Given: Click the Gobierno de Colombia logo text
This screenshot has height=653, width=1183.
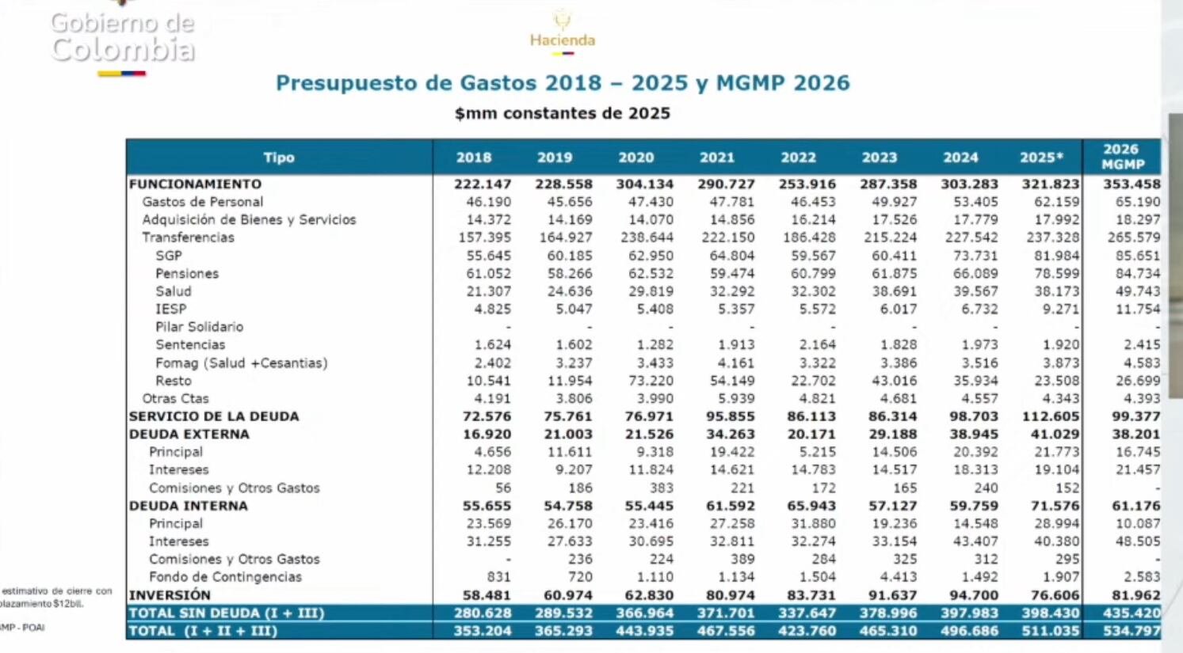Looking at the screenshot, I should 122,37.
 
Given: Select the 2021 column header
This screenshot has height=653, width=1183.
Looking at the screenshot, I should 717,158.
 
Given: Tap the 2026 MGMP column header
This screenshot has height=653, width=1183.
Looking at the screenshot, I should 1122,157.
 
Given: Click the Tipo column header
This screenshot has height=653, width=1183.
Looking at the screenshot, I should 279,158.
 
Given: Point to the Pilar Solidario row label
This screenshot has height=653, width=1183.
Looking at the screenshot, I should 199,327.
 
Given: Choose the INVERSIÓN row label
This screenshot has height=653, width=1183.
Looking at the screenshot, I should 170,595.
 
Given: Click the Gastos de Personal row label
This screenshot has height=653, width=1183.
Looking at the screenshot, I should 202,202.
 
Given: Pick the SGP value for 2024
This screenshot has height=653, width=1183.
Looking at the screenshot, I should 975,256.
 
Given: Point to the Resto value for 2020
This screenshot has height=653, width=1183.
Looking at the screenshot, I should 651,381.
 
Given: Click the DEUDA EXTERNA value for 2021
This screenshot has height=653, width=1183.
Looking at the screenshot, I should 727,435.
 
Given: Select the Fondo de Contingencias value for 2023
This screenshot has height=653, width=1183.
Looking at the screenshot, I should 899,577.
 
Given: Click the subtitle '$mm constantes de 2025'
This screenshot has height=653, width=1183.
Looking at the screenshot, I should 563,113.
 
